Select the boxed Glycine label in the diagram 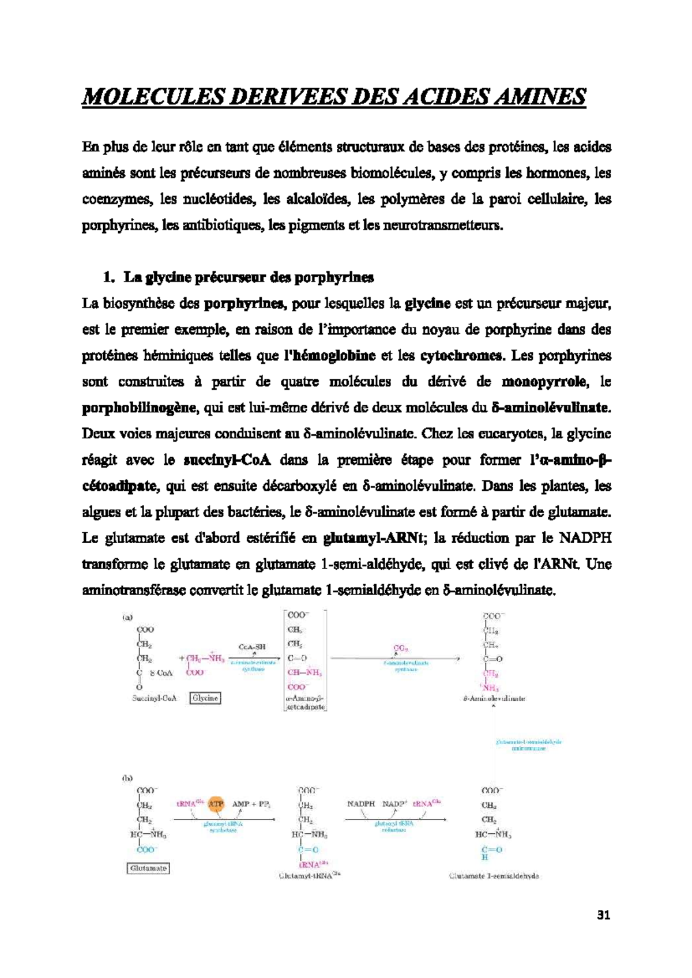(x=205, y=698)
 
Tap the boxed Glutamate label (x=148, y=868)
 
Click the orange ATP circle (x=216, y=803)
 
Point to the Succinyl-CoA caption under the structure (x=154, y=698)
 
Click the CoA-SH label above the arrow (x=252, y=647)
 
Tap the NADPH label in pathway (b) (x=361, y=803)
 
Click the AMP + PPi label (x=251, y=803)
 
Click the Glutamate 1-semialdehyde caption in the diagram (x=494, y=875)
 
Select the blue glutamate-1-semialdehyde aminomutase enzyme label (x=528, y=745)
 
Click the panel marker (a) (x=127, y=616)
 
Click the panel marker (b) (x=127, y=777)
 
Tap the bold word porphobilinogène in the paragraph (x=139, y=408)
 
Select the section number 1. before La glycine (x=108, y=277)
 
